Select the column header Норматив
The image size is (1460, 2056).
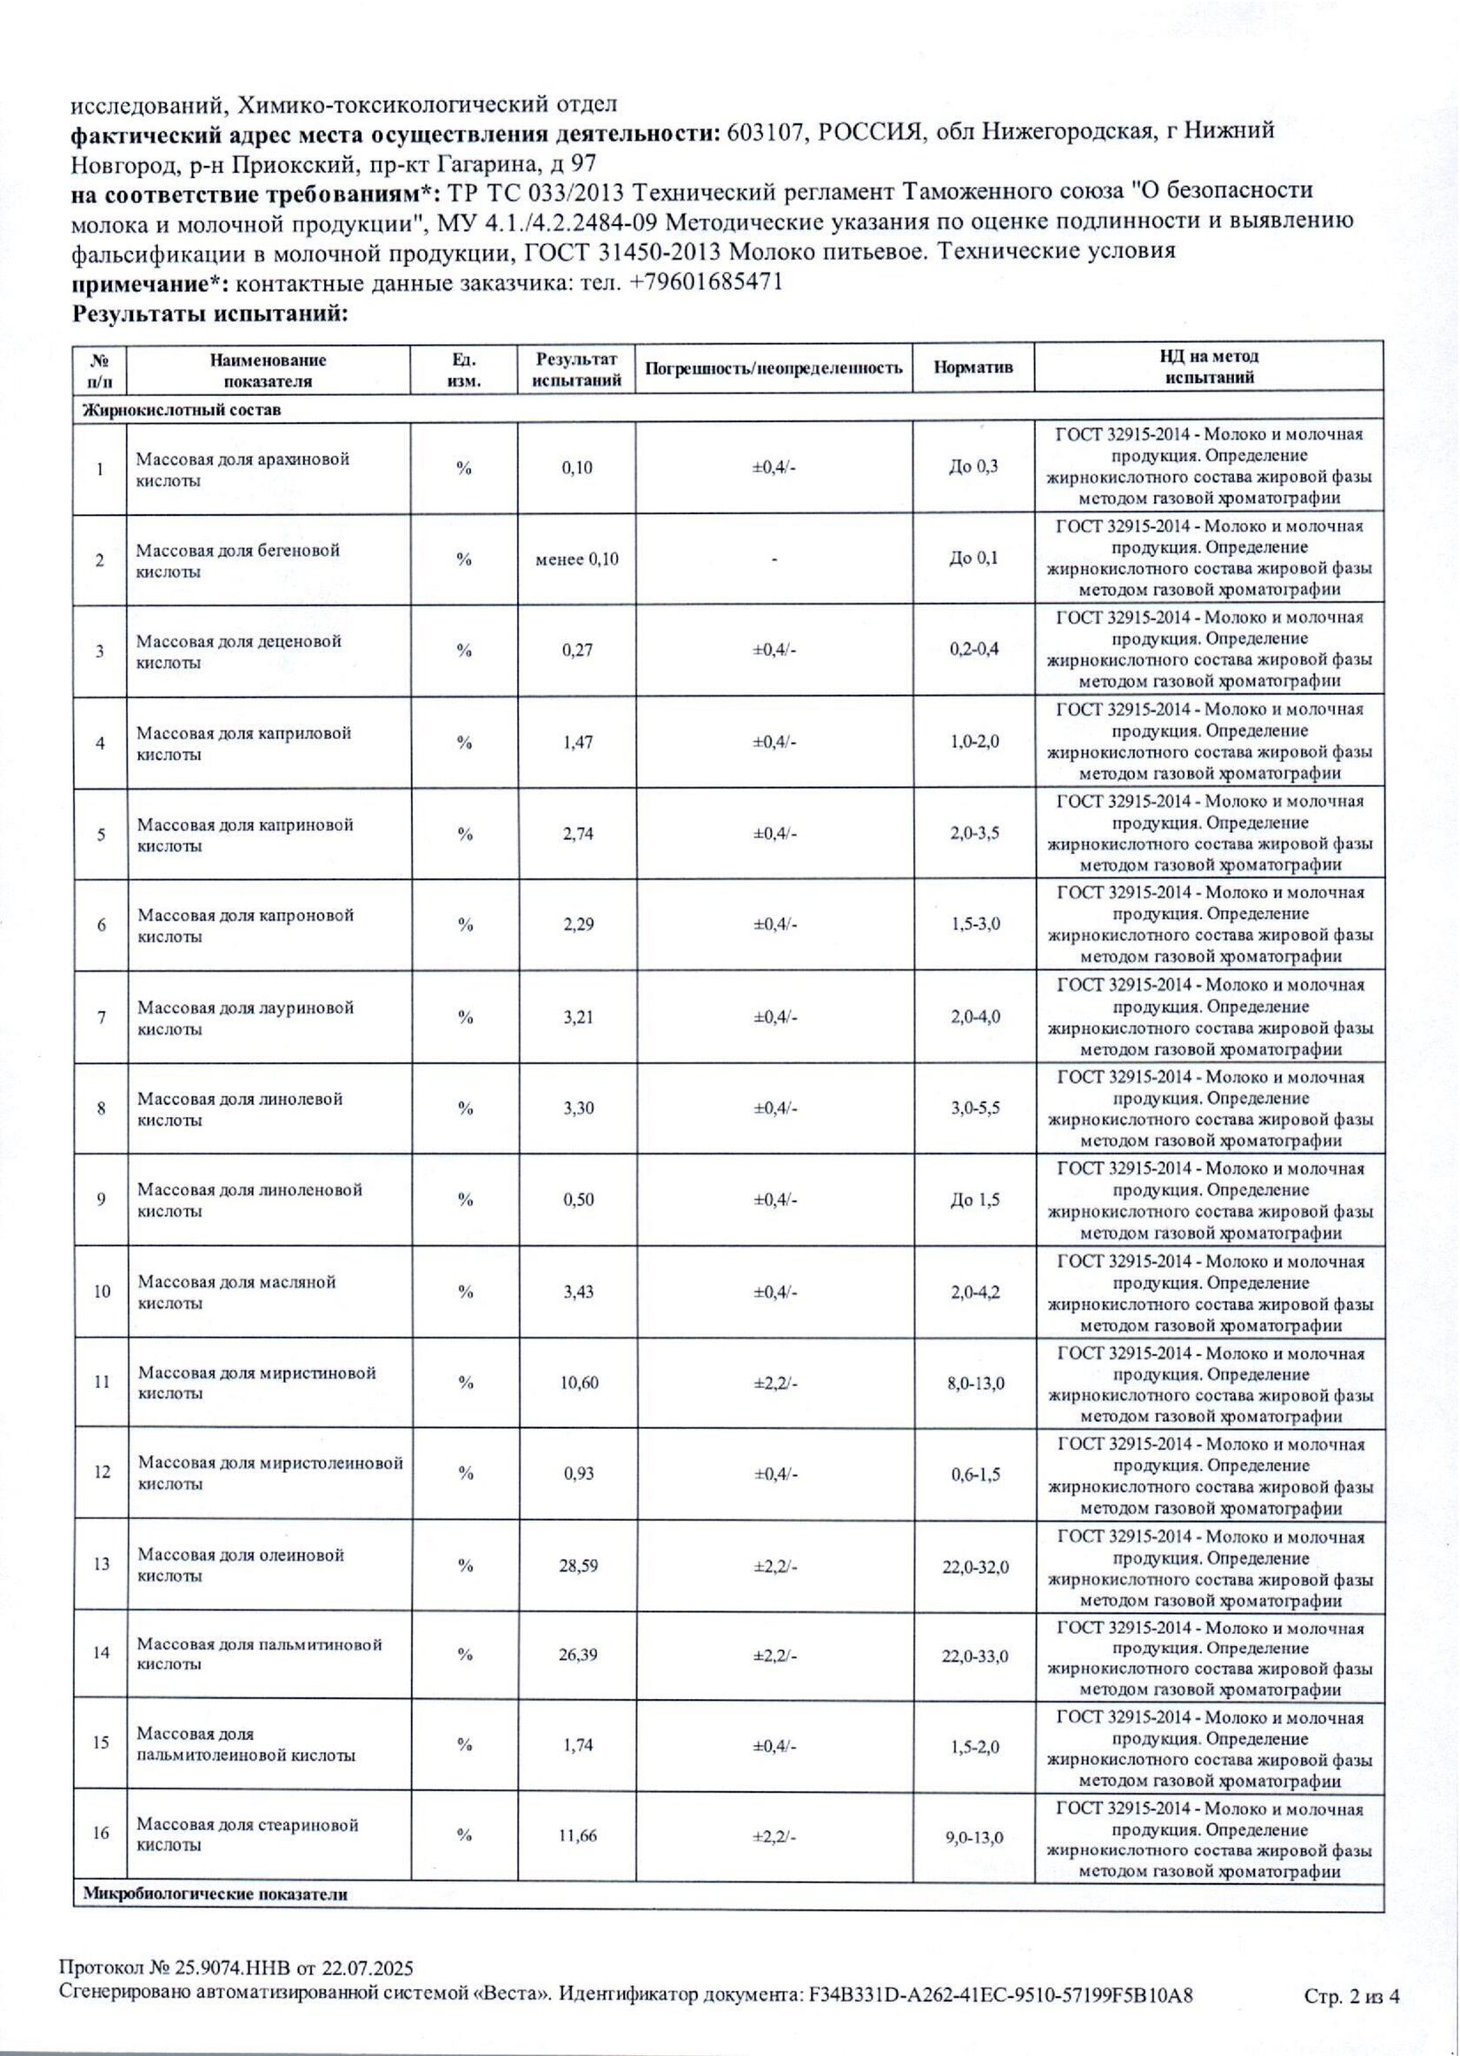[973, 367]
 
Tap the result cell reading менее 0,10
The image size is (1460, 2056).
[577, 559]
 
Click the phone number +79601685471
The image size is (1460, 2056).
[707, 282]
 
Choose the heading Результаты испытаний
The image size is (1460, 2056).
[209, 314]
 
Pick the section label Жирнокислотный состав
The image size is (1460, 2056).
[182, 410]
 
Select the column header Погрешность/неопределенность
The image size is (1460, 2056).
[774, 367]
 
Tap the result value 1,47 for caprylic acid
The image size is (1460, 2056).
[578, 743]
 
